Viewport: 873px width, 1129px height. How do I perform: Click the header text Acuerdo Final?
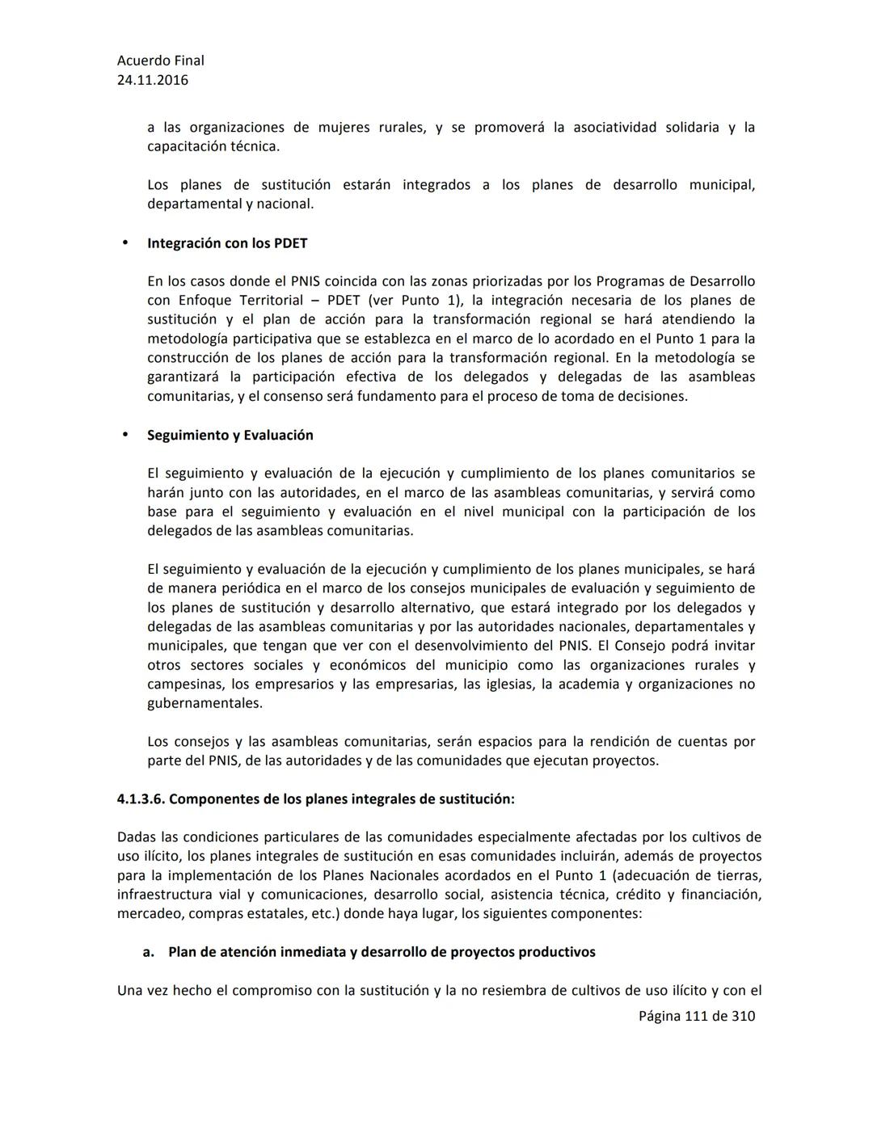coord(160,61)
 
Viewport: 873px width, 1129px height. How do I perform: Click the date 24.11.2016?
coord(153,80)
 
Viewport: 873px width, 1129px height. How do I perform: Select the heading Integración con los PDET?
coord(227,243)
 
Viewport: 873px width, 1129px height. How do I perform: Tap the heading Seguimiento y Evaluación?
coord(230,435)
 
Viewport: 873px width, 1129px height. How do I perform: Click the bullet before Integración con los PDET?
coord(124,242)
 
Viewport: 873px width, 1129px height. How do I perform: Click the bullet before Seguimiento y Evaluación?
coord(124,434)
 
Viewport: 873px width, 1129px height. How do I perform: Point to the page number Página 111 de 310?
coord(696,1016)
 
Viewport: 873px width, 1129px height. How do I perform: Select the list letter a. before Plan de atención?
coord(149,952)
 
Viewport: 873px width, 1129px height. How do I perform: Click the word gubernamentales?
coord(205,703)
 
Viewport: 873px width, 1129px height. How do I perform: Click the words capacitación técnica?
coord(213,146)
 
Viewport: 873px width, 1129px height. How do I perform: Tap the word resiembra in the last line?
coord(515,991)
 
